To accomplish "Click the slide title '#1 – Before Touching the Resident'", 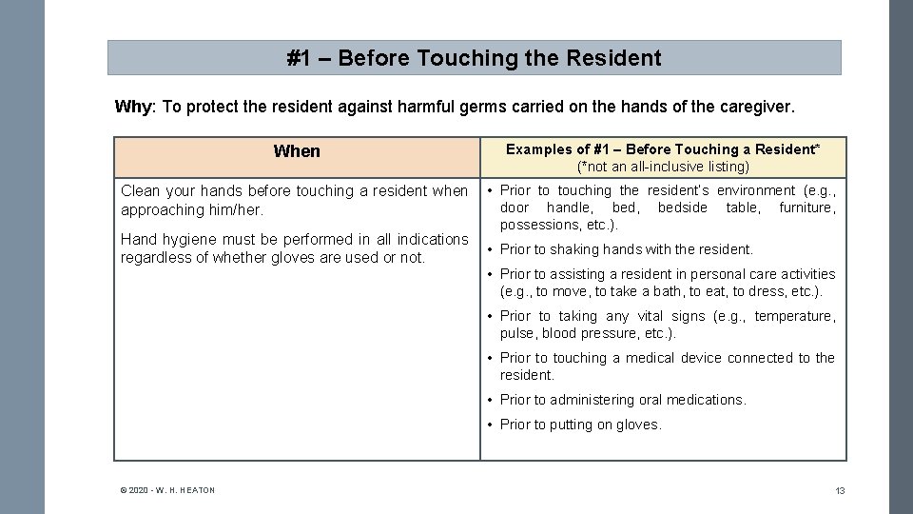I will tap(474, 58).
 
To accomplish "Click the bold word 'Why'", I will tap(132, 107).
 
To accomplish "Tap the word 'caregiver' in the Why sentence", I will tap(756, 107).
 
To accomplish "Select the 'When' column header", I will tap(297, 151).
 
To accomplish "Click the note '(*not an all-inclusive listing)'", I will tap(663, 167).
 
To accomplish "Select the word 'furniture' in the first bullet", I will tap(806, 208).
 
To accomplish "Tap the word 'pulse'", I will tap(517, 333).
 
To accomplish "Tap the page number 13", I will tap(840, 491).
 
